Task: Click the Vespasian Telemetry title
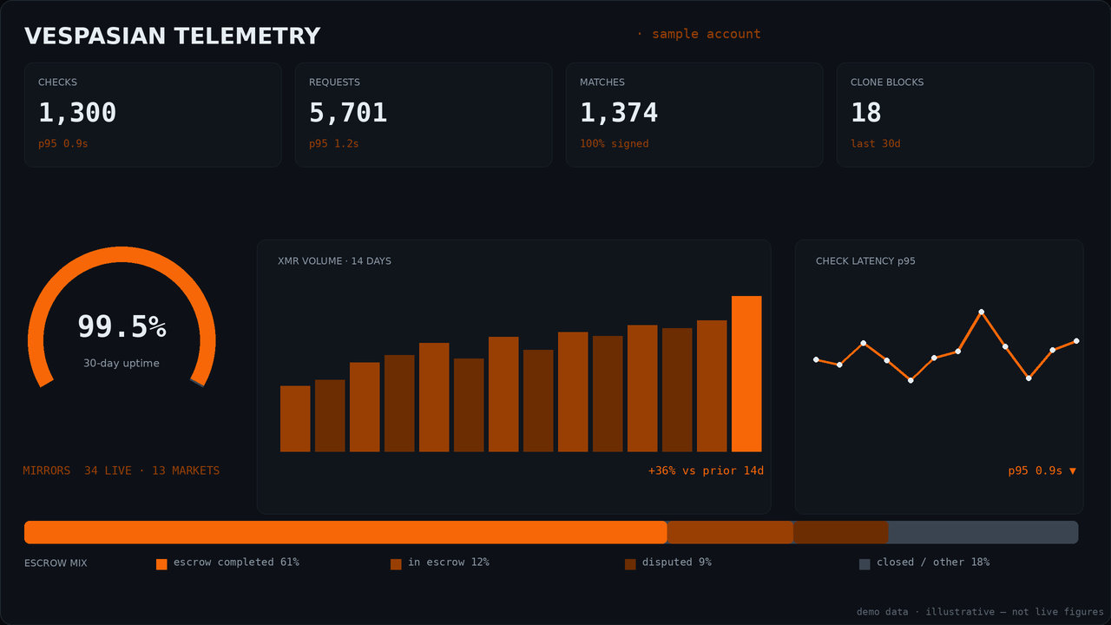click(x=172, y=36)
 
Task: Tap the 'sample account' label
click(x=706, y=34)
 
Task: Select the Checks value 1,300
click(x=77, y=113)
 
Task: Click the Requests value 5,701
click(x=348, y=113)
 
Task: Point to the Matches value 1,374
click(x=619, y=113)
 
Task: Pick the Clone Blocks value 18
click(x=866, y=113)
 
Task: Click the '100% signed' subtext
click(x=615, y=144)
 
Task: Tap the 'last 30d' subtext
click(x=876, y=144)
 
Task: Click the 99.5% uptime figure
click(x=122, y=327)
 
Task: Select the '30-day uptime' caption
click(x=122, y=363)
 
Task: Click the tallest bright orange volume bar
click(x=746, y=374)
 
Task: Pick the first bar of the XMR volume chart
click(x=295, y=418)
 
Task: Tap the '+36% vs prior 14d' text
click(x=706, y=470)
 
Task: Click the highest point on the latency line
click(x=981, y=312)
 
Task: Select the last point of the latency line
click(x=1076, y=341)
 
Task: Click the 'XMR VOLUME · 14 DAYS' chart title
click(x=334, y=261)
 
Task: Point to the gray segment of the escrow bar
click(x=983, y=532)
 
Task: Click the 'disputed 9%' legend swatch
click(x=630, y=564)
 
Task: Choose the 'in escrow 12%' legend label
click(x=449, y=562)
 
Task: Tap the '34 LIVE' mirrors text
click(x=108, y=470)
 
